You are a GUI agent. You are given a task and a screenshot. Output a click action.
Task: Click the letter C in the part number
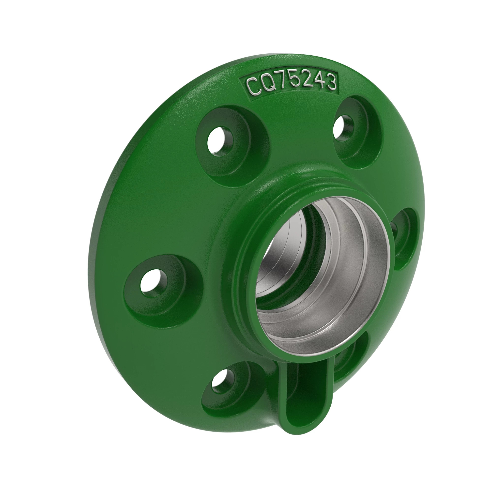tap(253, 87)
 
